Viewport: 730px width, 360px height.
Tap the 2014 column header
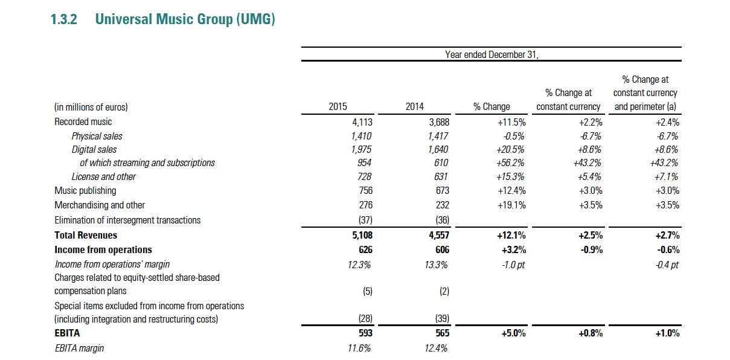419,107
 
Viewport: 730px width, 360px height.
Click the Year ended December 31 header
491,54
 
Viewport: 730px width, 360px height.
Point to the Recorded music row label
83,122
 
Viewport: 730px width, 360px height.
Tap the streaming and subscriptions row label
147,162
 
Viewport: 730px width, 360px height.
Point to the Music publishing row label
85,191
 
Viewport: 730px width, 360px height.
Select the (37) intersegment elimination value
363,220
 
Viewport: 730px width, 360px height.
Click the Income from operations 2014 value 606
441,249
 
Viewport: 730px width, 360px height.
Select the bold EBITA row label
67,333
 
